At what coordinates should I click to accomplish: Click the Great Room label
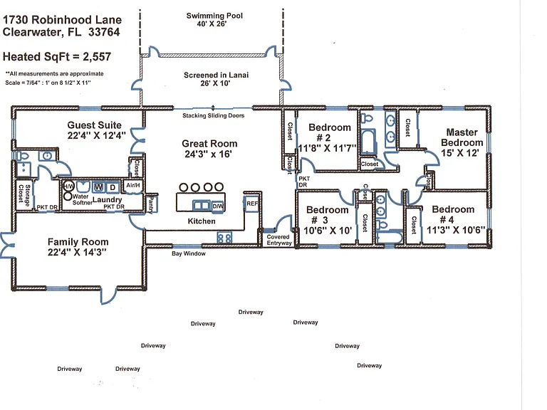pyautogui.click(x=209, y=144)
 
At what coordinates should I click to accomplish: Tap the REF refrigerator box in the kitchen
pyautogui.click(x=252, y=204)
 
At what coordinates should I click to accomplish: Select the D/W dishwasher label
pyautogui.click(x=218, y=206)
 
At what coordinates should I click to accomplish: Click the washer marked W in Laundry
pyautogui.click(x=98, y=187)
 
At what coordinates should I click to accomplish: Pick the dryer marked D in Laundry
pyautogui.click(x=113, y=187)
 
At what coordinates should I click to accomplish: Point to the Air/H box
pyautogui.click(x=133, y=186)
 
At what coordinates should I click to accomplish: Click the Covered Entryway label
pyautogui.click(x=279, y=240)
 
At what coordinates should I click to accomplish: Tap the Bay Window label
pyautogui.click(x=188, y=253)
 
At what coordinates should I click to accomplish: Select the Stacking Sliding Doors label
pyautogui.click(x=213, y=115)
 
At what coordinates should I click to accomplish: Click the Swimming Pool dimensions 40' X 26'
pyautogui.click(x=212, y=23)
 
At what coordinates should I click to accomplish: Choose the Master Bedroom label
pyautogui.click(x=462, y=137)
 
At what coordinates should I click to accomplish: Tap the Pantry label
pyautogui.click(x=152, y=205)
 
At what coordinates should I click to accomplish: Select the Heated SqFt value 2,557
pyautogui.click(x=97, y=57)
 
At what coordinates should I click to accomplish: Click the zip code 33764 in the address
pyautogui.click(x=104, y=32)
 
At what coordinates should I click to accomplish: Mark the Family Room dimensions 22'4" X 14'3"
pyautogui.click(x=77, y=252)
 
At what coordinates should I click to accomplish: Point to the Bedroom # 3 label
pyautogui.click(x=327, y=215)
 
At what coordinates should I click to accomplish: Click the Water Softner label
pyautogui.click(x=83, y=199)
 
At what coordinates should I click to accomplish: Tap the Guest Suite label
pyautogui.click(x=94, y=125)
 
